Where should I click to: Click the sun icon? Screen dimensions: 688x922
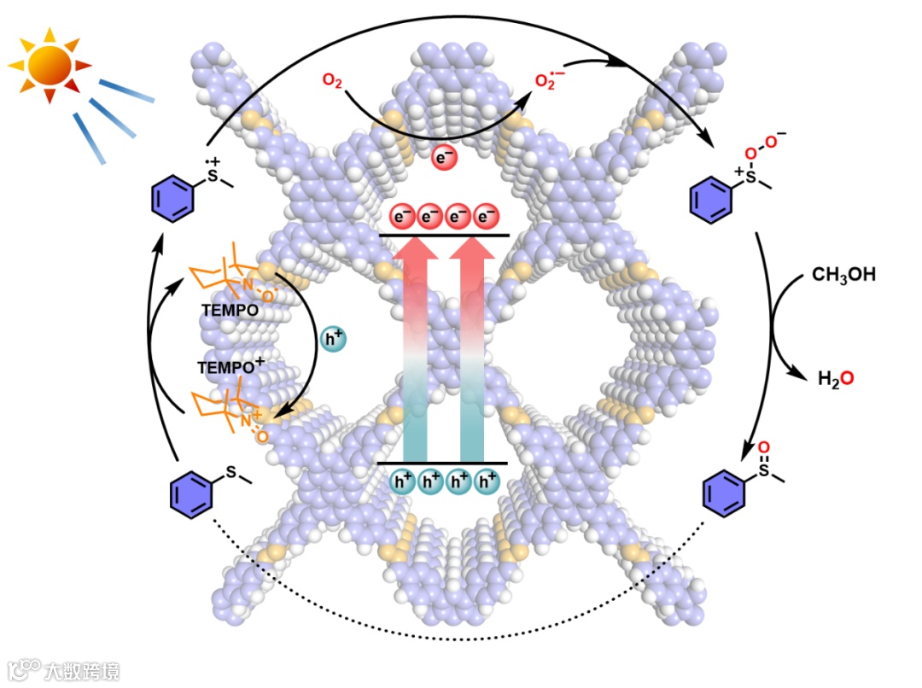[x=49, y=65]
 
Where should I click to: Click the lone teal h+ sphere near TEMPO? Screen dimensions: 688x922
[x=332, y=338]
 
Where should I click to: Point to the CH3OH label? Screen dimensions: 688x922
[x=843, y=275]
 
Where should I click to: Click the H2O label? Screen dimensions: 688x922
[x=835, y=378]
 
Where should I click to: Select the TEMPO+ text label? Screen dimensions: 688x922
[x=231, y=366]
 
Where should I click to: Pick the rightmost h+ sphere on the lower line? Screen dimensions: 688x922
[x=487, y=482]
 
